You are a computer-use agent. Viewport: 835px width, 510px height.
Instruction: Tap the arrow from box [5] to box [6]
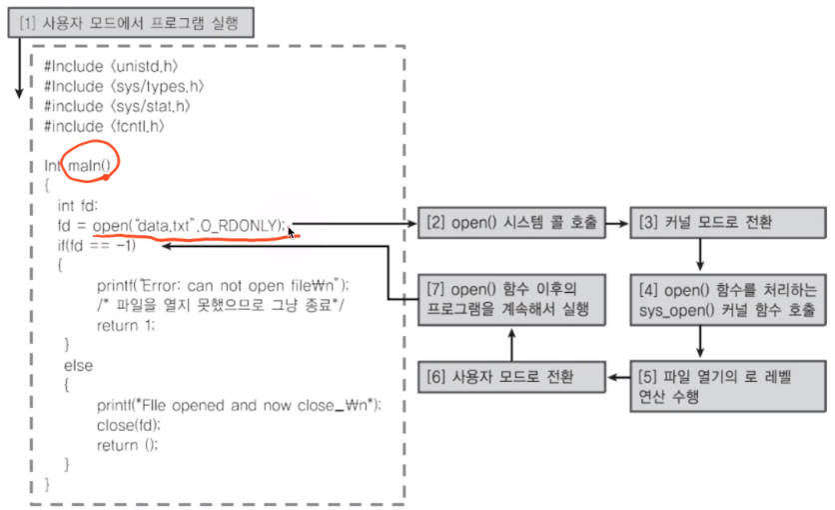(x=618, y=378)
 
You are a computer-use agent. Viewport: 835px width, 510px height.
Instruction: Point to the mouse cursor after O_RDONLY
(x=292, y=232)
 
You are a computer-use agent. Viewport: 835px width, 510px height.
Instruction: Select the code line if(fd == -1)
(x=96, y=246)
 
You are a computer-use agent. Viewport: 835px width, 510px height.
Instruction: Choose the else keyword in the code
(x=78, y=365)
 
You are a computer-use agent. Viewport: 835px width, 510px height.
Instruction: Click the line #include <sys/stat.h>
(x=117, y=106)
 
